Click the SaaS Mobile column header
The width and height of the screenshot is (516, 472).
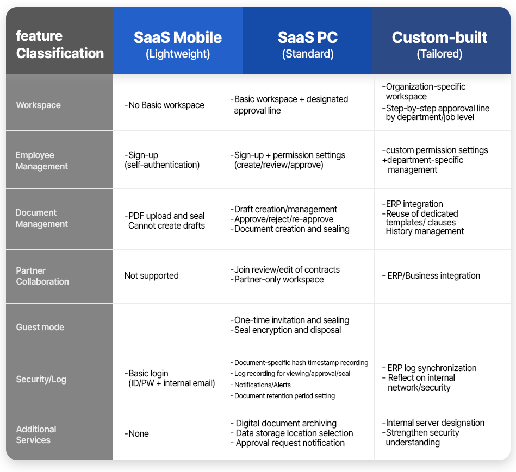pyautogui.click(x=178, y=45)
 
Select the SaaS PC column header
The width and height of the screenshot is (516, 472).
pyautogui.click(x=308, y=45)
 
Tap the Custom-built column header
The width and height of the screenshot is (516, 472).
pyautogui.click(x=440, y=45)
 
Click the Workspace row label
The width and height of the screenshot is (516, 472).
pyautogui.click(x=39, y=105)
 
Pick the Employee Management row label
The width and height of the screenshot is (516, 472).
pyautogui.click(x=42, y=161)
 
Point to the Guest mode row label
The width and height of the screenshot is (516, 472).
pyautogui.click(x=40, y=327)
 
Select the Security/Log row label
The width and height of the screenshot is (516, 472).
pyautogui.click(x=41, y=379)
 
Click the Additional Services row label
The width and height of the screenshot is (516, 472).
pyautogui.click(x=36, y=435)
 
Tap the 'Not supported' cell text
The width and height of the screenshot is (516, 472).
pyautogui.click(x=151, y=275)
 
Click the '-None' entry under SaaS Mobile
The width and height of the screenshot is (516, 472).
pyautogui.click(x=136, y=433)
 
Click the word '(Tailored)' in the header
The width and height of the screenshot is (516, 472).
pyautogui.click(x=440, y=54)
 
